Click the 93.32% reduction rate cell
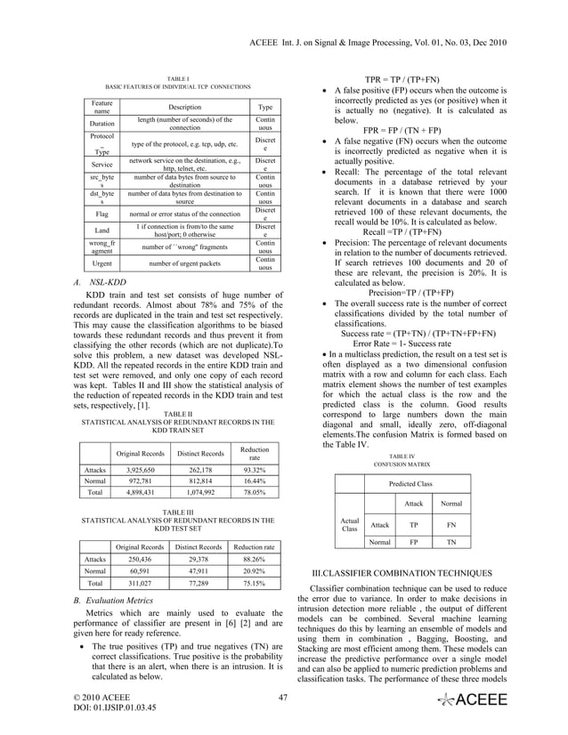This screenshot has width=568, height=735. point(254,469)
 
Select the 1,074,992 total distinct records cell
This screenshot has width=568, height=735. point(200,490)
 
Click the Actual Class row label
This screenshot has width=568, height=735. point(350,525)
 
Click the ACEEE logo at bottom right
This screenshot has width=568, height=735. point(473,702)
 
